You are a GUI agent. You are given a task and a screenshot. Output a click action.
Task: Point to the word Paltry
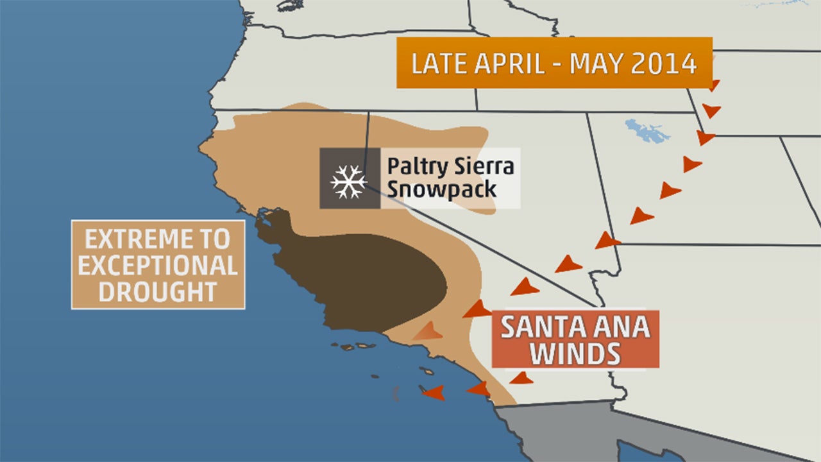[x=414, y=167]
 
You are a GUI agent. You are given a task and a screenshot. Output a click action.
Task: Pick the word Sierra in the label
[x=480, y=166]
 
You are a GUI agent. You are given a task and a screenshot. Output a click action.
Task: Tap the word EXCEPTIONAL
[x=158, y=266]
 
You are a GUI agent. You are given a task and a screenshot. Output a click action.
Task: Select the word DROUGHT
[x=158, y=291]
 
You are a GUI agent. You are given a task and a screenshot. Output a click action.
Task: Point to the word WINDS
[x=575, y=354]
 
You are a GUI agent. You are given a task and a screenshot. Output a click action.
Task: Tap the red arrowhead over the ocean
[x=434, y=392]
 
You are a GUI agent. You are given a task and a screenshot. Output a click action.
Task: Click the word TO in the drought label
[x=215, y=240]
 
